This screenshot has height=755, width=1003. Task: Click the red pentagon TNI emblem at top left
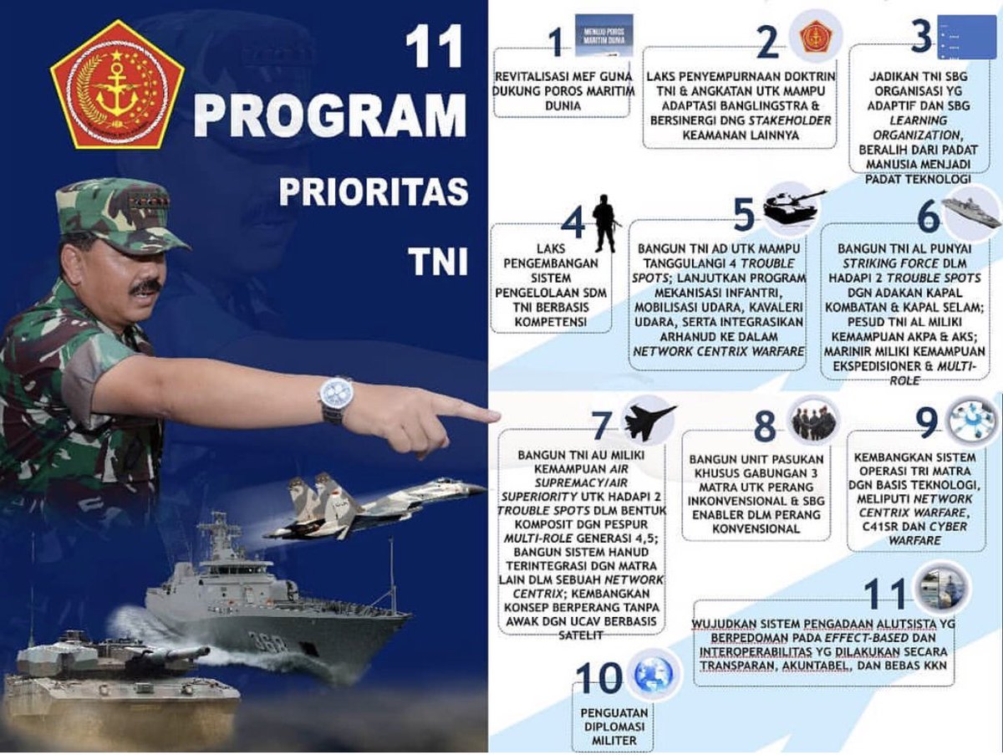tap(117, 84)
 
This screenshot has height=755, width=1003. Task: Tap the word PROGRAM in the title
tap(330, 116)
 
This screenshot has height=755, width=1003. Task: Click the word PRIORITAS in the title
tap(374, 192)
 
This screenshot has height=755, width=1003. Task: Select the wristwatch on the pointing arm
tap(335, 398)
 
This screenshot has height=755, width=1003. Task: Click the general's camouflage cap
tap(117, 216)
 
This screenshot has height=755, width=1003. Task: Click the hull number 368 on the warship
tap(268, 642)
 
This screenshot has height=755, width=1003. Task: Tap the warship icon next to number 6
tap(970, 212)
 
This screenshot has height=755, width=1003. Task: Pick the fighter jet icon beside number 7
tap(649, 421)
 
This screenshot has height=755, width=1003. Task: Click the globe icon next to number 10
tap(653, 675)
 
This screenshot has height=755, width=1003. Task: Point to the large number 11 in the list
tap(884, 593)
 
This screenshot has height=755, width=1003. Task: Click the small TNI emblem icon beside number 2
tap(814, 37)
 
